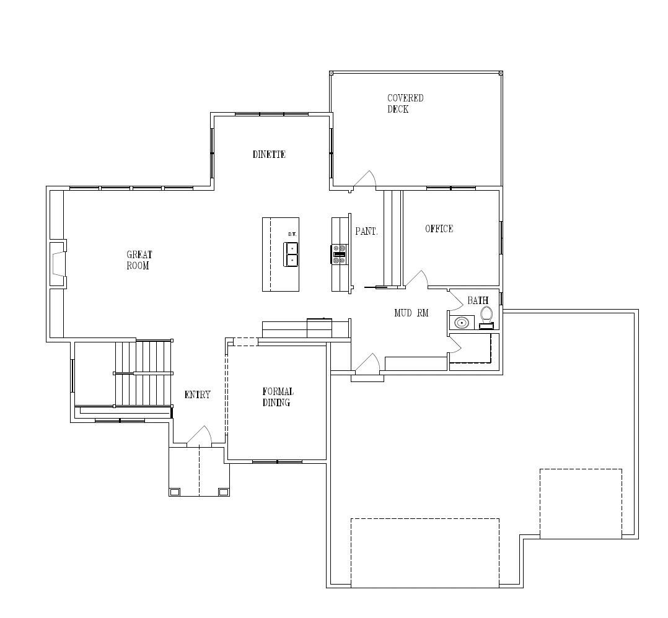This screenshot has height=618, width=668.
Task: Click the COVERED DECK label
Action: point(405,104)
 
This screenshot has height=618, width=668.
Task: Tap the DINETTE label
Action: point(269,155)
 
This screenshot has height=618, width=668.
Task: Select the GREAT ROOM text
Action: point(139,260)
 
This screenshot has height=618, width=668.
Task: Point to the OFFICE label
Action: point(439,229)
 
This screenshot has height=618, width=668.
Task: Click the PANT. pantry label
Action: point(366,231)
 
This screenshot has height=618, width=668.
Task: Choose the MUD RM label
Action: point(411,313)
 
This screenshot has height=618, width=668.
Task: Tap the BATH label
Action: point(478,300)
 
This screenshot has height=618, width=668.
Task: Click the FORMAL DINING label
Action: point(278,397)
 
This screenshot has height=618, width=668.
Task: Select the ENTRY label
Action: point(197,395)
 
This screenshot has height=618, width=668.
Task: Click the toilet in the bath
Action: point(486,318)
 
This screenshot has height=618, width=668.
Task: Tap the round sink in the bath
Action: point(462,323)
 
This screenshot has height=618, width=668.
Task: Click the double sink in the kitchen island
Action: point(291,254)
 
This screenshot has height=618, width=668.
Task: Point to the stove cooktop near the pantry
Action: point(340,255)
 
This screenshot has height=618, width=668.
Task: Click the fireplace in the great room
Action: point(59,264)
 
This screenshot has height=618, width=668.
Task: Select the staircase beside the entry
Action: point(144,373)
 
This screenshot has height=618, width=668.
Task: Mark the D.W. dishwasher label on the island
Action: point(292,234)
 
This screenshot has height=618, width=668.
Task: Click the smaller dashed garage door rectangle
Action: point(581,503)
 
